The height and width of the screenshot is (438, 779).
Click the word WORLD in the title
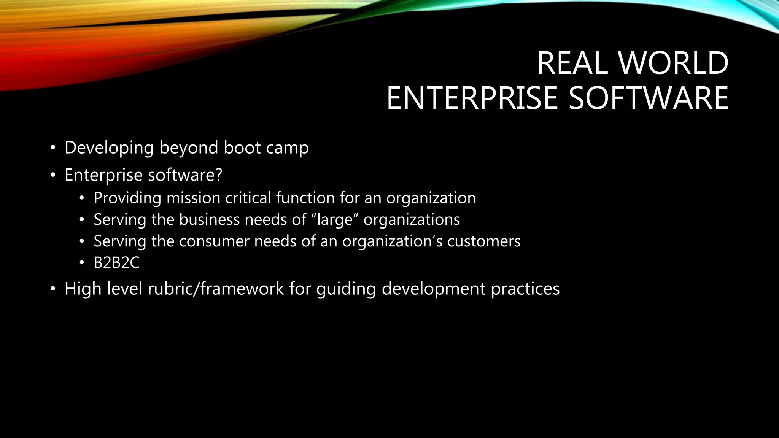click(x=674, y=63)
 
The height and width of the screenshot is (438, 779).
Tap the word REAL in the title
click(x=572, y=63)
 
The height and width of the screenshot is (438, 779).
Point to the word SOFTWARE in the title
click(x=648, y=98)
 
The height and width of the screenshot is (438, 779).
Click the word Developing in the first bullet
click(x=109, y=148)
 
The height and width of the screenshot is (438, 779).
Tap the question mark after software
click(x=218, y=175)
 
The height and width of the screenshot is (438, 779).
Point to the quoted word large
click(x=335, y=220)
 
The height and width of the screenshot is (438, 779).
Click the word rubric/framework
click(x=216, y=289)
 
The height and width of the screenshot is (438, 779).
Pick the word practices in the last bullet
click(x=525, y=289)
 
